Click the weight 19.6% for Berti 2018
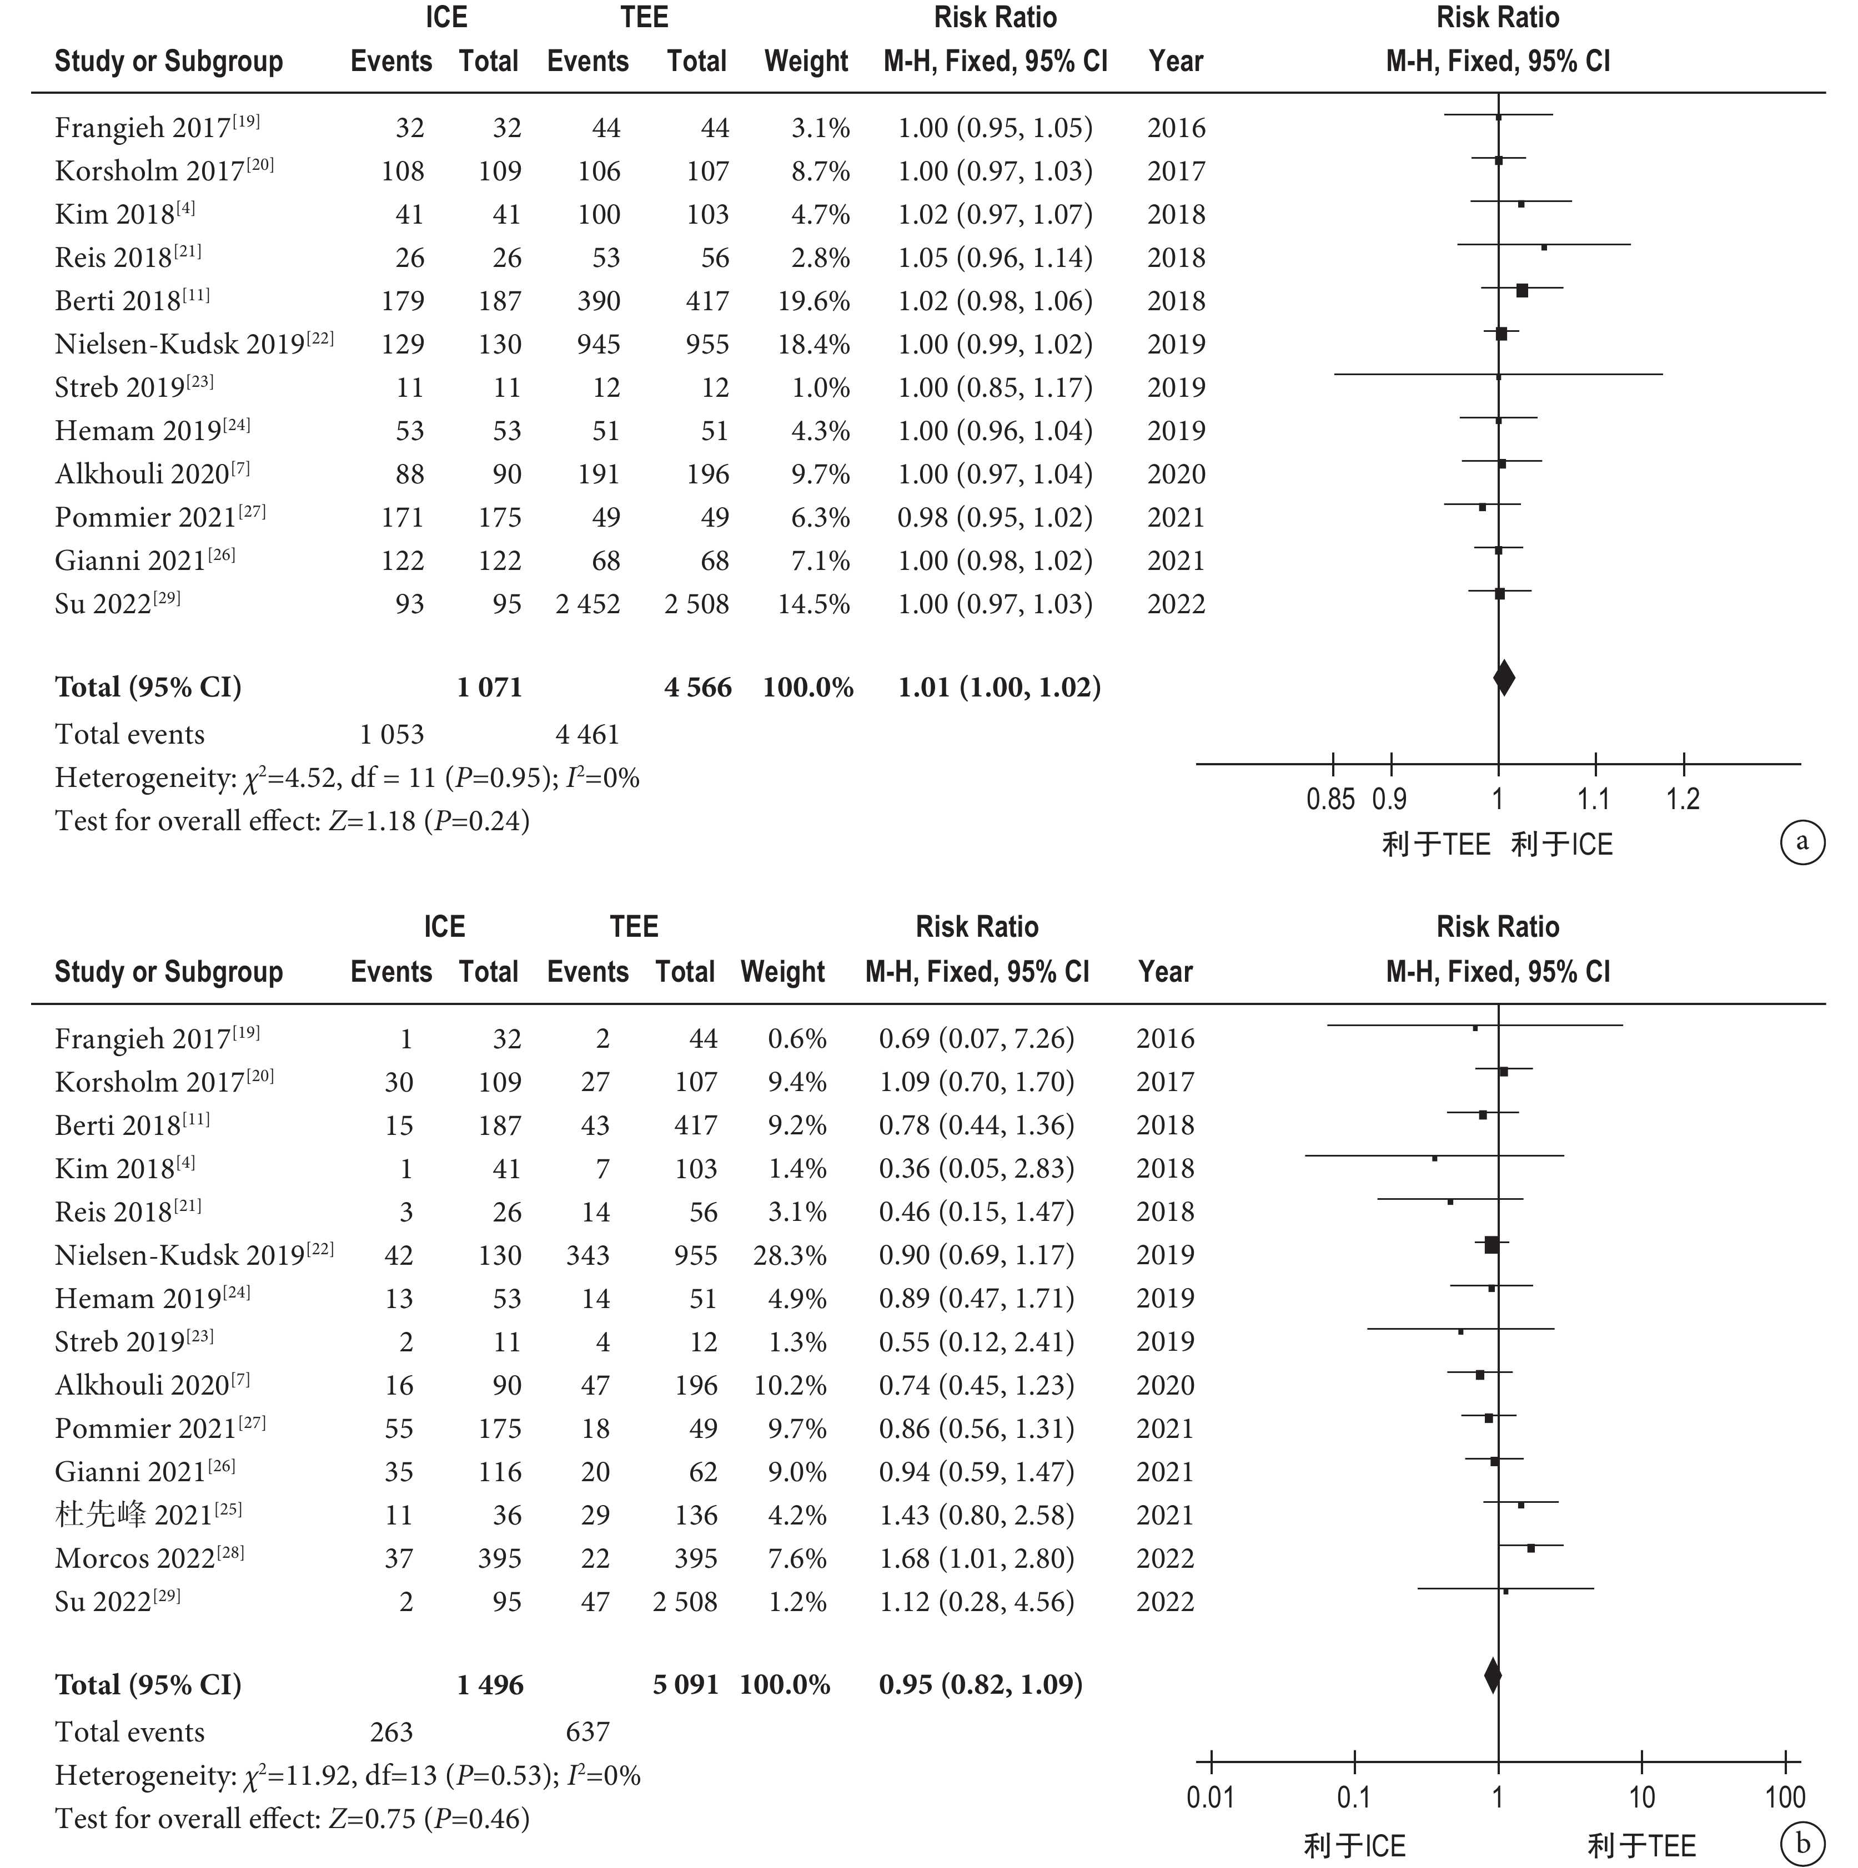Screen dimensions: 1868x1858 tap(813, 301)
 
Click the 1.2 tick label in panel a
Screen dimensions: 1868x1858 tap(1683, 800)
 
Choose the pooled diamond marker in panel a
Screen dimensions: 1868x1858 tap(1504, 678)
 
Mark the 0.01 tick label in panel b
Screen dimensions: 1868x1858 tap(1210, 1798)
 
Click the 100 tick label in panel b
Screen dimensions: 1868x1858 tap(1785, 1798)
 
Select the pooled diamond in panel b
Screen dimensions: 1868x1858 tap(1493, 1675)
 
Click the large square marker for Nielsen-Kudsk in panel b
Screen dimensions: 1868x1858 tap(1492, 1244)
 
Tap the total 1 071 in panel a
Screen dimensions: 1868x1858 tap(489, 688)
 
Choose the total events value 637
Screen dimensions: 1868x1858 tap(587, 1731)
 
